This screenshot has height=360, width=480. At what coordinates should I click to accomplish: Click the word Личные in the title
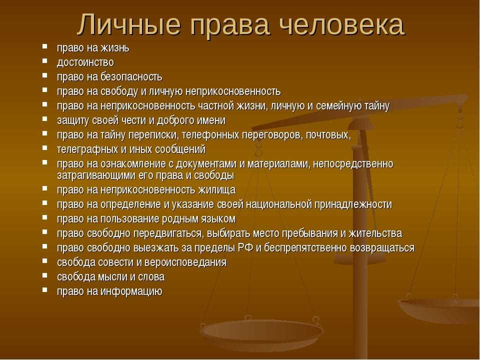(x=128, y=25)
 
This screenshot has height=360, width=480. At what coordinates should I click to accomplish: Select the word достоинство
(x=85, y=62)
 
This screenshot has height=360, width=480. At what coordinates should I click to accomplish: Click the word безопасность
(x=131, y=76)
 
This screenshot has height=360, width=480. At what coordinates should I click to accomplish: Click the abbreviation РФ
(x=246, y=247)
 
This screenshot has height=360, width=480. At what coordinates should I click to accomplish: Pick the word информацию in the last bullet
(x=131, y=291)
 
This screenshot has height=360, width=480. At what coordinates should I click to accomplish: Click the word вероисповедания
(x=185, y=262)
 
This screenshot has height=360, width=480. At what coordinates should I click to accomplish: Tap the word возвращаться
(x=382, y=248)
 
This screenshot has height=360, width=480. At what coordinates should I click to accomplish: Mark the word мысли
(x=112, y=277)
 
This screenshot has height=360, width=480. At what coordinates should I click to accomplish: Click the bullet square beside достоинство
(x=45, y=60)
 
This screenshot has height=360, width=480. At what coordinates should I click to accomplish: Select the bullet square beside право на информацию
(x=45, y=289)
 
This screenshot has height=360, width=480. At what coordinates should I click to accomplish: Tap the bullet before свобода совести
(x=45, y=260)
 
